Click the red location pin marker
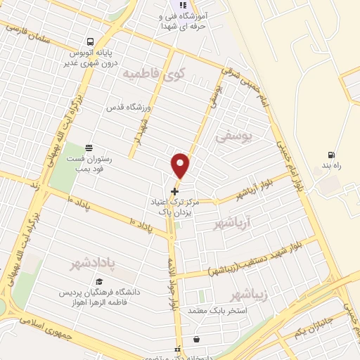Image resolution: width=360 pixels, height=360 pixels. click(x=181, y=165)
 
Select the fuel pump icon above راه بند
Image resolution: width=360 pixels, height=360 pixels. click(x=330, y=155)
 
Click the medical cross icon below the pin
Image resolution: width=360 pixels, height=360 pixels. click(x=175, y=191)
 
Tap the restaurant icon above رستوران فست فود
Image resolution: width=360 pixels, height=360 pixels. click(x=89, y=148)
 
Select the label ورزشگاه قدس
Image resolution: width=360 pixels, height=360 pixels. click(x=129, y=108)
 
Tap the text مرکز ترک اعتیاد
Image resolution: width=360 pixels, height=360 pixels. click(x=171, y=201)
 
